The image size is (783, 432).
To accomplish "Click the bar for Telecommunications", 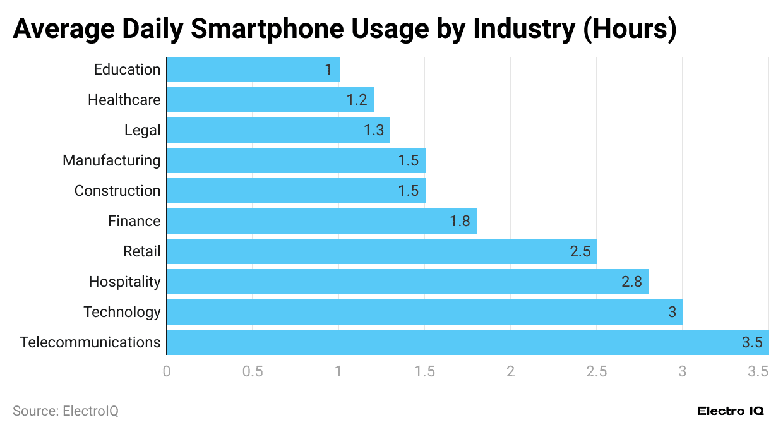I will coord(467,342).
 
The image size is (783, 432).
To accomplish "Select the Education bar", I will coord(253,69).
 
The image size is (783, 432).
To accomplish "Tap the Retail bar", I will coord(381,251).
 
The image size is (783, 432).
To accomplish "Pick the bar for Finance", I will coord(321,221).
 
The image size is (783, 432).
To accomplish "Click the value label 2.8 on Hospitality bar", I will coord(631,282).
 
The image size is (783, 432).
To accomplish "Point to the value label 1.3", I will coord(374,130).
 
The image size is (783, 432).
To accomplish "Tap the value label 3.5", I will coord(752,342).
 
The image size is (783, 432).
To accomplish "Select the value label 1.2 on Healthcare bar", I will coord(357,100).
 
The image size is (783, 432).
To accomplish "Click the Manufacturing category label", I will coord(112,160).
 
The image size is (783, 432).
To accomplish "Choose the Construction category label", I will coord(117,191).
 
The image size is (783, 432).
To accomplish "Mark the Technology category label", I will coord(122,312).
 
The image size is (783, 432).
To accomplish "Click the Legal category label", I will coord(143,130).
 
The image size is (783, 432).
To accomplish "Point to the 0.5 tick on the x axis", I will coord(253,371).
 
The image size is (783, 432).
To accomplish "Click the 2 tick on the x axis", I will coord(510,371).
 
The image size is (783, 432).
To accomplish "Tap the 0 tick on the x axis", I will coord(167,371).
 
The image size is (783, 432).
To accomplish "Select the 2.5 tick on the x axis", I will coord(596,371).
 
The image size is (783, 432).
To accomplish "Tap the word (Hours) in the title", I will coord(629,30).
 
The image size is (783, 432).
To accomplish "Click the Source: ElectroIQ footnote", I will coord(66,411).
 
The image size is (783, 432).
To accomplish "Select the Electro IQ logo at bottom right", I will coord(731,411).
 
